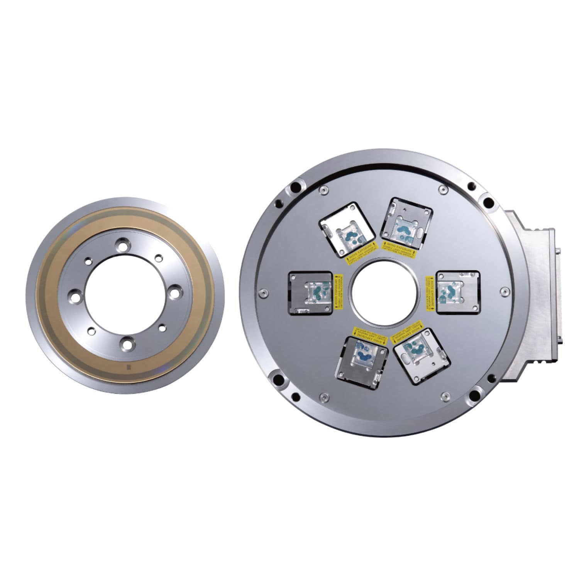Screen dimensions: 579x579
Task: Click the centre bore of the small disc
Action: [127, 294]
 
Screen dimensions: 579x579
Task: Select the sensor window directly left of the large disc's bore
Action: [311, 292]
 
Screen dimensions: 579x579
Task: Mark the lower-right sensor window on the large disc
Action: [422, 356]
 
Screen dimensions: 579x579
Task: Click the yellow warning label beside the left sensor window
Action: [339, 292]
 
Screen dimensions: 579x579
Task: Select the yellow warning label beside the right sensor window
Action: [430, 292]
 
